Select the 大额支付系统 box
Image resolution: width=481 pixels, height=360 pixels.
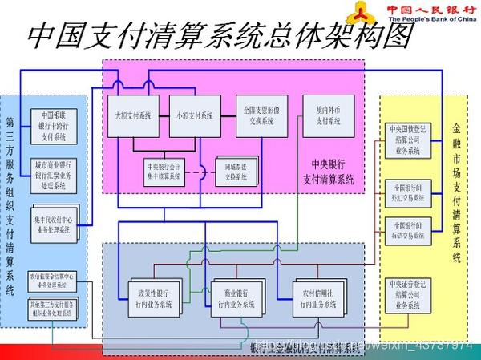133,115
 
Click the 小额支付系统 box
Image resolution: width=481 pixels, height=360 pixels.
195,115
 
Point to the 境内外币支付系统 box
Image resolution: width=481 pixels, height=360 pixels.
328,116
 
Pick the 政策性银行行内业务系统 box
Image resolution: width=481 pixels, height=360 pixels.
153,299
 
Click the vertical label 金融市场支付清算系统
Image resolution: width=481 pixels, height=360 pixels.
457,192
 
